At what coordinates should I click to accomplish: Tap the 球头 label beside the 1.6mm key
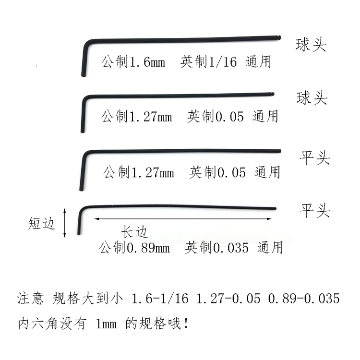tap(311, 46)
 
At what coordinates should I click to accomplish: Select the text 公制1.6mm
tap(132, 62)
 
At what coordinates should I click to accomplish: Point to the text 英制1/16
tap(208, 62)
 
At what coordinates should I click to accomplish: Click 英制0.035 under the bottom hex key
tap(216, 248)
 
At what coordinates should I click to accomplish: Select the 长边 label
tap(133, 232)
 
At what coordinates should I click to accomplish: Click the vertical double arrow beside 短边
tap(65, 222)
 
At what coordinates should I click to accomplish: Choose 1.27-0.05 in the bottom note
tap(228, 299)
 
